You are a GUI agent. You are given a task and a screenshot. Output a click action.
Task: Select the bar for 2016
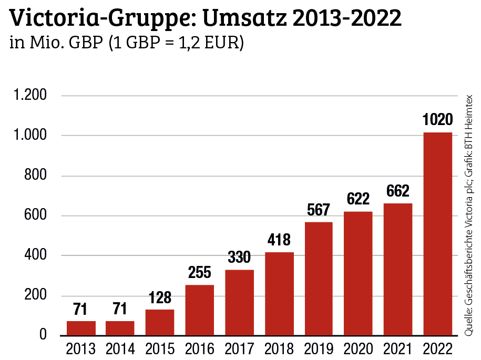pyautogui.click(x=200, y=310)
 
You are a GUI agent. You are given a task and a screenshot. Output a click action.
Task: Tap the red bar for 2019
pyautogui.click(x=319, y=279)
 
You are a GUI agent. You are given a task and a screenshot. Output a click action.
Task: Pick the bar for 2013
pyautogui.click(x=81, y=328)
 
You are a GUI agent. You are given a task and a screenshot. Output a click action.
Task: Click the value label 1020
pyautogui.click(x=438, y=120)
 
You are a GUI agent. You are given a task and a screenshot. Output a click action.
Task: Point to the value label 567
pyautogui.click(x=319, y=210)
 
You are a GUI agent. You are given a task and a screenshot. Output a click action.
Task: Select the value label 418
pyautogui.click(x=279, y=240)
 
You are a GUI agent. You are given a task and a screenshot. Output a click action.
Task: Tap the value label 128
pyautogui.click(x=160, y=298)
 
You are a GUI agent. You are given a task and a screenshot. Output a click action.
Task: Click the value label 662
pyautogui.click(x=398, y=191)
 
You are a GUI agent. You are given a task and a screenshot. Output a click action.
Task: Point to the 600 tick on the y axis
pyautogui.click(x=36, y=216)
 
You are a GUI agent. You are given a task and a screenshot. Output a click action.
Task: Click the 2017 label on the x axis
pyautogui.click(x=239, y=348)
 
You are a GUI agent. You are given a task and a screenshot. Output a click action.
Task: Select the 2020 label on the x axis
pyautogui.click(x=358, y=348)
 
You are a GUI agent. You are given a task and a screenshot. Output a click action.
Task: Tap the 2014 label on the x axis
pyautogui.click(x=120, y=348)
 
